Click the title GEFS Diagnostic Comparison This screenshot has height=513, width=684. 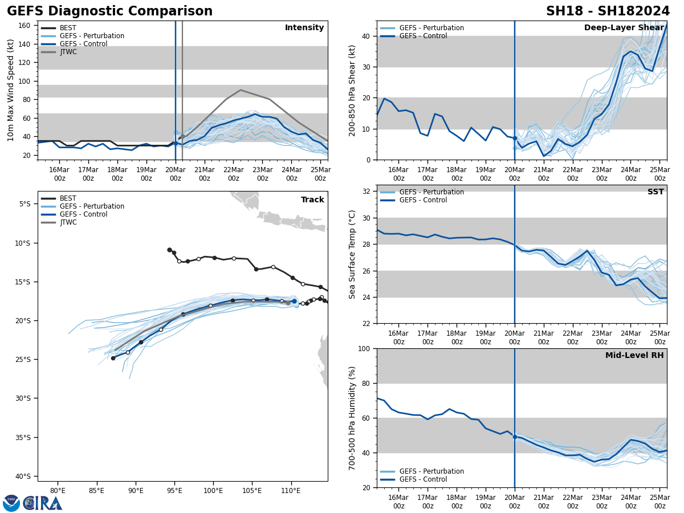(x=109, y=11)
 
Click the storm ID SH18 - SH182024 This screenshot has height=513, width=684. (x=608, y=11)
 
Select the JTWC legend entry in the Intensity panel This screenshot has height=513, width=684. (x=68, y=52)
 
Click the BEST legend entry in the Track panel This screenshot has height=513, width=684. (x=68, y=198)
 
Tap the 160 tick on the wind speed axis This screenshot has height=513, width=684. (x=25, y=26)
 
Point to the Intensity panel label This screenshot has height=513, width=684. (x=304, y=28)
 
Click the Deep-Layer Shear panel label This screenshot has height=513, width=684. (x=624, y=28)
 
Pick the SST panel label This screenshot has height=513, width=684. (x=655, y=192)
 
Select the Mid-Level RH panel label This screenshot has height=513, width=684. (x=634, y=356)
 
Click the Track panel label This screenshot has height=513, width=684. (x=312, y=199)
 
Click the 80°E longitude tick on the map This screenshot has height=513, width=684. (x=58, y=490)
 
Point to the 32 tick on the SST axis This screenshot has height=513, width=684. (x=367, y=192)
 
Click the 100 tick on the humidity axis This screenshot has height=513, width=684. (x=365, y=348)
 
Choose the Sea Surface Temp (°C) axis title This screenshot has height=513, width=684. (x=352, y=254)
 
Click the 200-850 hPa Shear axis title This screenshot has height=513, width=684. (x=352, y=90)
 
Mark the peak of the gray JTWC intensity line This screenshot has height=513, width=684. (x=241, y=89)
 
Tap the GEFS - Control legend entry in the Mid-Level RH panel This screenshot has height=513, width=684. (x=423, y=479)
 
